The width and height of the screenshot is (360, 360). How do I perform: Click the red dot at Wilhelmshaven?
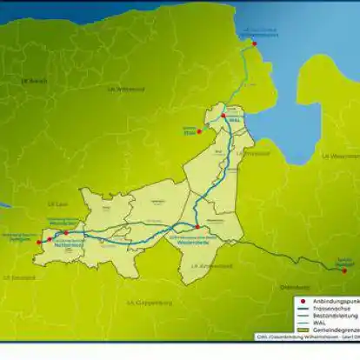click(245, 37)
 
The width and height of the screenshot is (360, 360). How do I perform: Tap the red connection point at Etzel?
click(199, 131)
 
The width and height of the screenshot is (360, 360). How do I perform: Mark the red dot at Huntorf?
click(344, 270)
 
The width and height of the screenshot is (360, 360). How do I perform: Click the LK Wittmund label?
click(126, 90)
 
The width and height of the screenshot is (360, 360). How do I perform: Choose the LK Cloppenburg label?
click(150, 303)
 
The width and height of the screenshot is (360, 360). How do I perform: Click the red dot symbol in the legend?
click(297, 301)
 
